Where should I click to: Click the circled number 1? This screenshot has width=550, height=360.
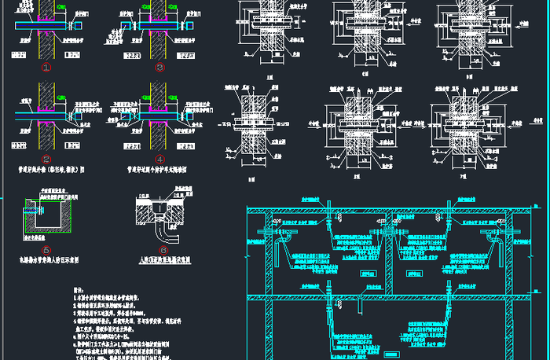tap(46, 68)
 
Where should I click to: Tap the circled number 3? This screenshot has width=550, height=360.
tap(159, 68)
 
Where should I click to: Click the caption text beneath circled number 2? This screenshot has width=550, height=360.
tap(51, 167)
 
